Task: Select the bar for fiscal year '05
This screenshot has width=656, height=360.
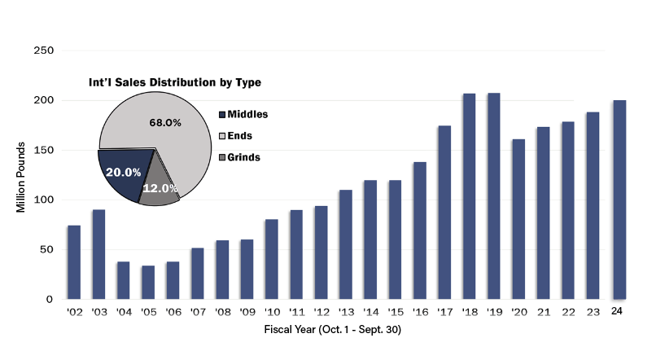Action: click(148, 283)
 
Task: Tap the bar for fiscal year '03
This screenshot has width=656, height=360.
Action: click(98, 254)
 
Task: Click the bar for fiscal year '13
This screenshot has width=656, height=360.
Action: click(346, 244)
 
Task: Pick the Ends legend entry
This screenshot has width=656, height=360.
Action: click(235, 135)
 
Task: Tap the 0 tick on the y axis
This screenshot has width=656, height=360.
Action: click(49, 299)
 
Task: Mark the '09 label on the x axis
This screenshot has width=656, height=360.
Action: click(247, 312)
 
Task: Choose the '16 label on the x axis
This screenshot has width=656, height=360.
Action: click(420, 312)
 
